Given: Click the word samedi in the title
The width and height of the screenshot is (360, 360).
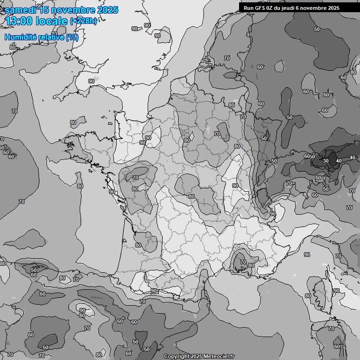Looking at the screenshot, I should click(x=22, y=10).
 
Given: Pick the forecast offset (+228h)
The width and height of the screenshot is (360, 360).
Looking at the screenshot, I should click(x=83, y=21).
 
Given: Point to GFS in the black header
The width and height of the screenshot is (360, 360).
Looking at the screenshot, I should click(x=259, y=8).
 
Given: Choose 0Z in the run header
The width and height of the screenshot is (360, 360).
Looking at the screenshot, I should click(x=269, y=8).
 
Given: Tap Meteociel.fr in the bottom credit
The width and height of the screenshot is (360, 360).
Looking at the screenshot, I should click(x=219, y=357).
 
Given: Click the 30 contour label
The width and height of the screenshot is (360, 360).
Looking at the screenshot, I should click(x=326, y=161).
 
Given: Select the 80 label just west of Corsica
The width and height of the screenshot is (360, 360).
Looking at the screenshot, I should click(x=307, y=296).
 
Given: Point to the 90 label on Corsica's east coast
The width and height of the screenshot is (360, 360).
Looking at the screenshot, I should click(x=336, y=291).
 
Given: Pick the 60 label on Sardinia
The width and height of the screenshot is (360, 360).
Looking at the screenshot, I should click(x=337, y=346).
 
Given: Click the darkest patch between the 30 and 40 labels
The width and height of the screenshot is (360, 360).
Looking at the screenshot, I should click(x=332, y=159).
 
